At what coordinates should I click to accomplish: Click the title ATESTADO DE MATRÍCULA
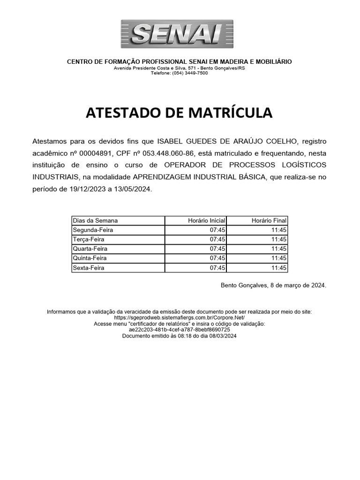[179, 113]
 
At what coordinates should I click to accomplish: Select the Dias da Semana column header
[95, 220]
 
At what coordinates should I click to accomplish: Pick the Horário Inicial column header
[206, 220]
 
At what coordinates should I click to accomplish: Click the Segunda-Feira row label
[93, 230]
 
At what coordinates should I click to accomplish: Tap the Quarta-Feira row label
[90, 249]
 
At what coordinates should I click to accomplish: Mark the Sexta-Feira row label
[89, 268]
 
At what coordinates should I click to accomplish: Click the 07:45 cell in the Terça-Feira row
[217, 240]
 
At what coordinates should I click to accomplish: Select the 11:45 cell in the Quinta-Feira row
[278, 258]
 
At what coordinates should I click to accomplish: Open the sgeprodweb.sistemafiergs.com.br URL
[180, 317]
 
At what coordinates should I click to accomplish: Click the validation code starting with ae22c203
[180, 330]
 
